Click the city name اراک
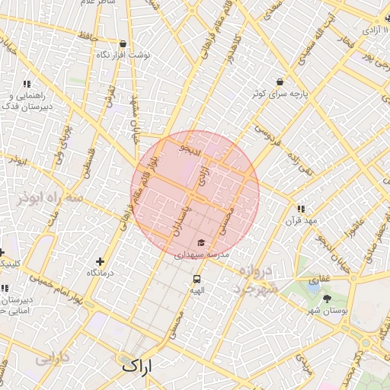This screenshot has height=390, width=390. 137,366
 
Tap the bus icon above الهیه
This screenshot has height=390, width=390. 197,279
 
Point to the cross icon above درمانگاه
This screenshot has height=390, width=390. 100,261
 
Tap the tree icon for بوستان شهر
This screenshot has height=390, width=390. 328,299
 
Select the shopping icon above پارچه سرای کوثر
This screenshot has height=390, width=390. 280,82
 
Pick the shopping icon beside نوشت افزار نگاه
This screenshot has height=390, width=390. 123,43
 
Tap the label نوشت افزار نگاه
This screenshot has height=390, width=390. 123,56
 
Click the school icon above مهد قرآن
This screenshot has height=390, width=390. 302,208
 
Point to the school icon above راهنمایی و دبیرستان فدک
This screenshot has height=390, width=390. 27,85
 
